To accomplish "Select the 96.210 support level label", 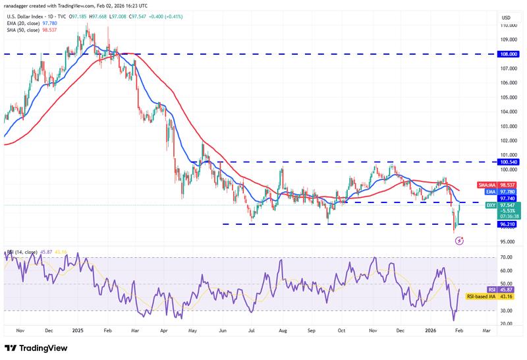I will [507, 224].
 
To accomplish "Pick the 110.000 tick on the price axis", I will [507, 26].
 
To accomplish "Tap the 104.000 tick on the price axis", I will [507, 111].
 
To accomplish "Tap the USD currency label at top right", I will [507, 17].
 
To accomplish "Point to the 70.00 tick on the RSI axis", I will [507, 257].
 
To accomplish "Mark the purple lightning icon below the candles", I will [459, 241].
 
